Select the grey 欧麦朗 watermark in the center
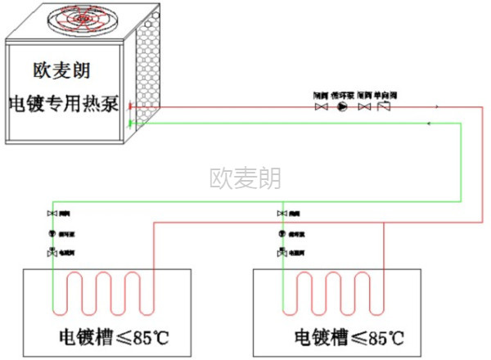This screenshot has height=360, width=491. click(245, 178)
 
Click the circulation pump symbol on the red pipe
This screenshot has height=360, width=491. click(342, 106)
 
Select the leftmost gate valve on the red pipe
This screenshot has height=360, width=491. click(321, 106)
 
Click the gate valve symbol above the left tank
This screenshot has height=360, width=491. click(53, 214)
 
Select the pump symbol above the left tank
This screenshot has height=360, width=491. click(53, 233)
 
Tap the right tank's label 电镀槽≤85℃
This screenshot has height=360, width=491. click(349, 336)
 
